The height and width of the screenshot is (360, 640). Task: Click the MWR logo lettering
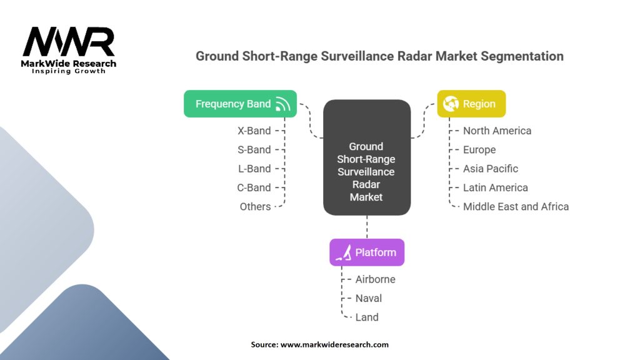(69, 42)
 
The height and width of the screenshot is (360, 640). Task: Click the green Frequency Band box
(240, 104)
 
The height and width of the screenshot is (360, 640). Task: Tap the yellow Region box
(471, 104)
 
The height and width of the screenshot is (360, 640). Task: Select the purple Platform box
(367, 252)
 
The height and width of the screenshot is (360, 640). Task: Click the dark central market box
(367, 157)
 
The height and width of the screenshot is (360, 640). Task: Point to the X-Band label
(254, 131)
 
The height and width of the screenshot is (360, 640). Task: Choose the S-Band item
(254, 150)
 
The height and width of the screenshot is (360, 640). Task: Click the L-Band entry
(255, 169)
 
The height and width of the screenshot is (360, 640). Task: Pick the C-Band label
(254, 187)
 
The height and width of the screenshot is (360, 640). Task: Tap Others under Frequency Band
(255, 206)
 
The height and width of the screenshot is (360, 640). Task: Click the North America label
(497, 131)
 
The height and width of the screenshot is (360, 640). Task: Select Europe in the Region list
(479, 150)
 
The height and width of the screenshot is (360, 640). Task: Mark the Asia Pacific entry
(491, 169)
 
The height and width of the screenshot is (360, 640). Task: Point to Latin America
(496, 187)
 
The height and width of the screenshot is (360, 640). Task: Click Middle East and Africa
(516, 206)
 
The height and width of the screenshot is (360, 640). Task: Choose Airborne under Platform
(376, 279)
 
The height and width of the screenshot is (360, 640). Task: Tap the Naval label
(369, 298)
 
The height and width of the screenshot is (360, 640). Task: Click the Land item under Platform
(367, 317)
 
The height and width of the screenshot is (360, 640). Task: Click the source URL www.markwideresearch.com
(334, 344)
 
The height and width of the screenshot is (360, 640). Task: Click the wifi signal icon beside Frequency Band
(282, 104)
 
